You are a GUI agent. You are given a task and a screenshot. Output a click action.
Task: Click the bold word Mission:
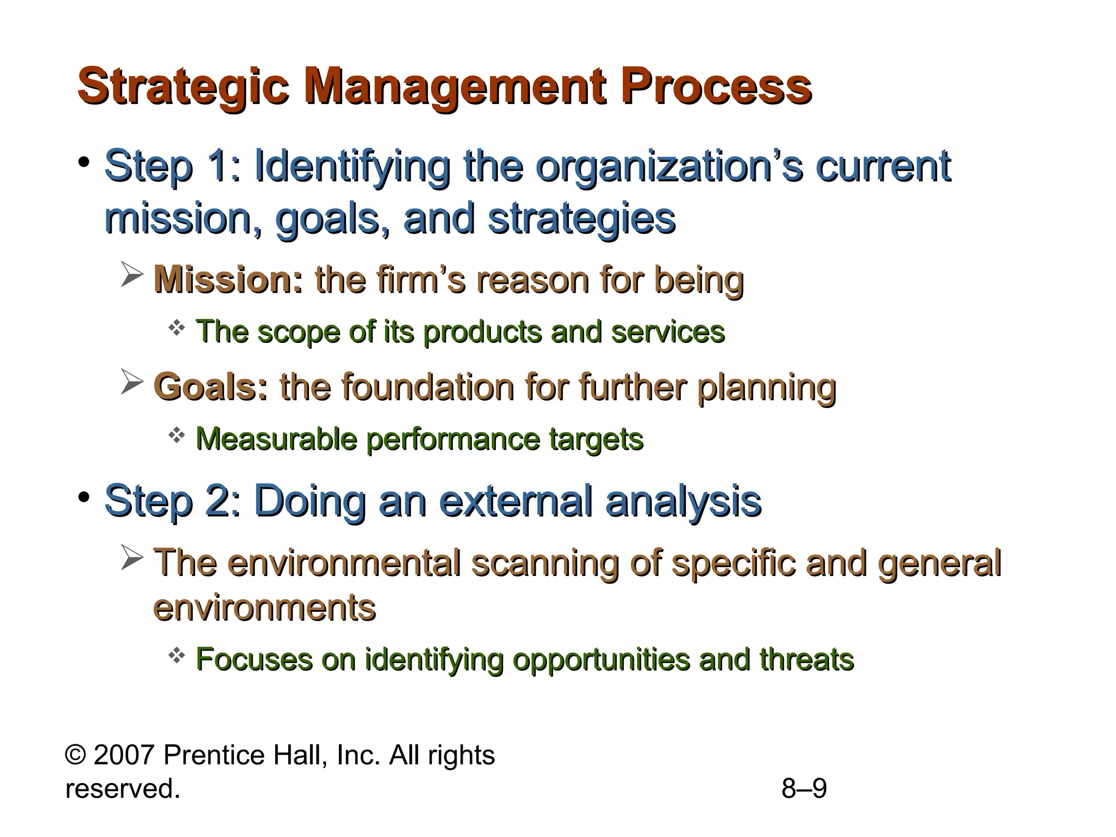pos(228,280)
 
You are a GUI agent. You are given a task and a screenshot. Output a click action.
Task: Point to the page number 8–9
pos(804,789)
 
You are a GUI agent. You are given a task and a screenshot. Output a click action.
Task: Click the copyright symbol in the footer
pos(76,755)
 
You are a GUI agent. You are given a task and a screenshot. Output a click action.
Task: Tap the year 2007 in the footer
pos(124,755)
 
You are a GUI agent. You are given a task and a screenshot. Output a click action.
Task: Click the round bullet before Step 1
pos(83,162)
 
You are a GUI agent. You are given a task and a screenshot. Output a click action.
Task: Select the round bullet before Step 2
pos(83,498)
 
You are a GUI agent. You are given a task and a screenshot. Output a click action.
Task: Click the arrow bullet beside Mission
pos(132,274)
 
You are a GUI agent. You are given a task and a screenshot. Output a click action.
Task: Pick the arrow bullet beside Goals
pos(132,381)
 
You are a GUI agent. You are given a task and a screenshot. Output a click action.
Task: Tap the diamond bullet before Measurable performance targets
pos(177,435)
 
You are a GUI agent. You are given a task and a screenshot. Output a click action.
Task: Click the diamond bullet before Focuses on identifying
pos(177,656)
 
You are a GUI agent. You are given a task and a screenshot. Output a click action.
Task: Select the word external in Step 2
pos(515,501)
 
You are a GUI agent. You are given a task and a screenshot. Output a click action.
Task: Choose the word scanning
pos(545,563)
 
